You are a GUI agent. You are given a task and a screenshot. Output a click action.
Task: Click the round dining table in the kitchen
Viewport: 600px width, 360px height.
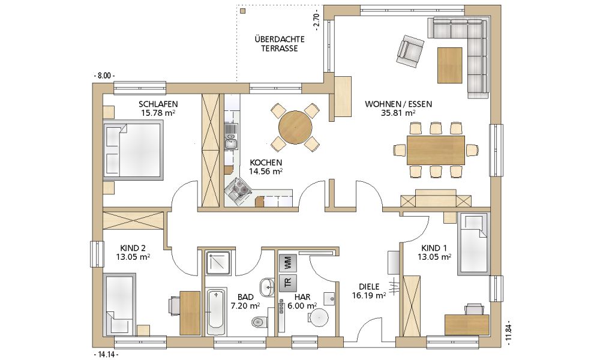click(x=295, y=127)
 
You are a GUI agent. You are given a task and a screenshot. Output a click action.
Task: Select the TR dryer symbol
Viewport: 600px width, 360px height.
click(x=288, y=283)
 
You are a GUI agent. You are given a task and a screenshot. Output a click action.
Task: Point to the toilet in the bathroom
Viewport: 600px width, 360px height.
click(x=260, y=320)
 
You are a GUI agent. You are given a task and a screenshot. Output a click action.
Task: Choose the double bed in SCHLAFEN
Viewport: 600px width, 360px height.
click(x=133, y=149)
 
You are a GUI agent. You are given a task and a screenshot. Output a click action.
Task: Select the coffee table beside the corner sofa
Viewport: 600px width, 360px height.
click(x=450, y=65)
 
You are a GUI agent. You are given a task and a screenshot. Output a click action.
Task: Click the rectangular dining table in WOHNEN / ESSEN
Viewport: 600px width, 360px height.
click(x=436, y=149)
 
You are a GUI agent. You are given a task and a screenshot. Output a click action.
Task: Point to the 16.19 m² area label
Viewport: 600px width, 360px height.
click(x=369, y=295)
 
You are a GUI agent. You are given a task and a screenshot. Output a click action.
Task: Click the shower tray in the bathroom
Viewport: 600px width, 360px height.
click(x=218, y=263)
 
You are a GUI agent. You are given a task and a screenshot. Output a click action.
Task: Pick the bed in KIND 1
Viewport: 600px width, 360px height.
click(x=473, y=244)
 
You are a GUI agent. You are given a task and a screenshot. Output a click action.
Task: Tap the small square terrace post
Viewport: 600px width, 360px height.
click(x=243, y=11)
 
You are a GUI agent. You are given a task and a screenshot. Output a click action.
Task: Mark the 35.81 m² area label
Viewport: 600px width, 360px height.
click(x=398, y=112)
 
